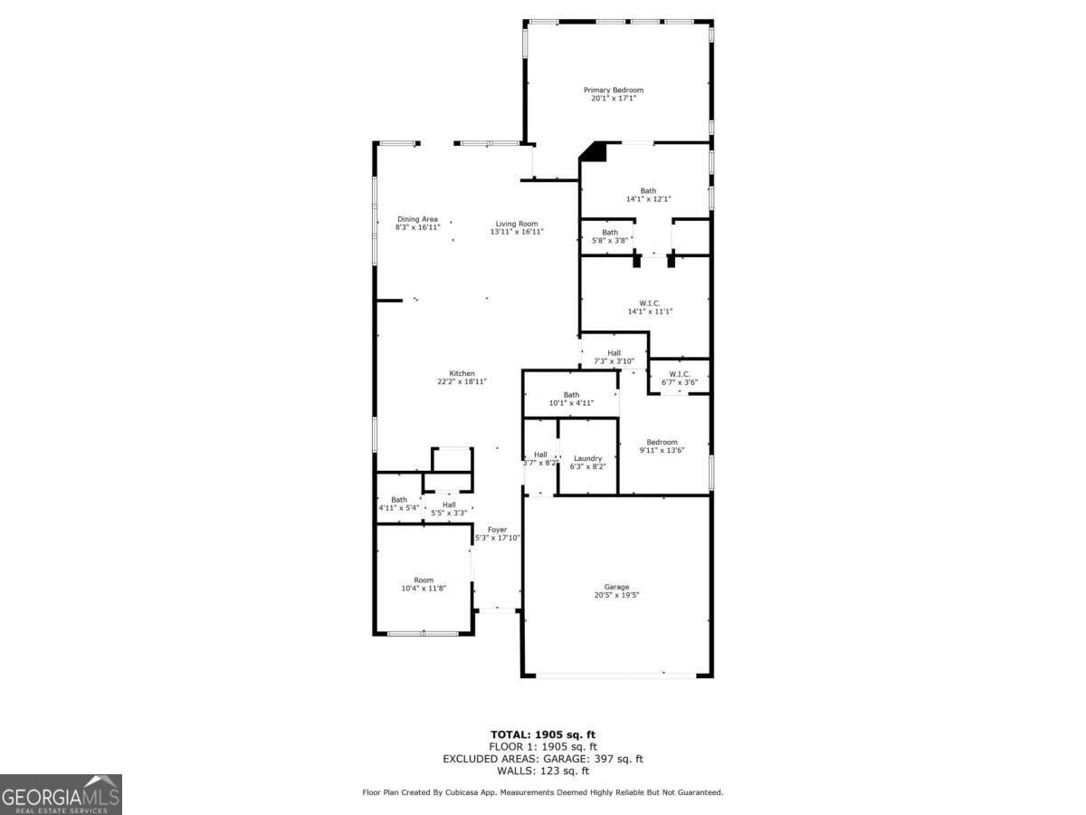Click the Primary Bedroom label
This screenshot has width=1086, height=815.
pos(614,90)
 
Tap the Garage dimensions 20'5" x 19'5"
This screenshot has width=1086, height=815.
pos(616,595)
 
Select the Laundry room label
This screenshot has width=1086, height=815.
pos(587,459)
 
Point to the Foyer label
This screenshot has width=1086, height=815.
pos(497,530)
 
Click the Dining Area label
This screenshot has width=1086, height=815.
pos(417,219)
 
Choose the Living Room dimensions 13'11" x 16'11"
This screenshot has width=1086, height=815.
pos(517,232)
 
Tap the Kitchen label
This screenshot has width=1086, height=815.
pos(462,374)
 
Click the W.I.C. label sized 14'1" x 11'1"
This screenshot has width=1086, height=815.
pos(650,303)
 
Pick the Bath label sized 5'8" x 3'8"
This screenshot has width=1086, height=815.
pos(610,233)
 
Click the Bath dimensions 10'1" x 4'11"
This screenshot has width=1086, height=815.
pos(571,403)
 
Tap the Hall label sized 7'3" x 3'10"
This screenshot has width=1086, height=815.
pos(614,353)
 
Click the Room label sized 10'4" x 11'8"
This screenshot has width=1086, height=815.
pos(424,580)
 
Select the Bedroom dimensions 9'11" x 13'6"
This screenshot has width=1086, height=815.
pos(662,450)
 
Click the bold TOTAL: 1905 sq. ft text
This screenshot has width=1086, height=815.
pos(543,734)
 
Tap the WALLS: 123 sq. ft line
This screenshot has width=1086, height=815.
pos(543,771)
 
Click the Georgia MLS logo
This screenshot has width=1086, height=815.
pos(61,794)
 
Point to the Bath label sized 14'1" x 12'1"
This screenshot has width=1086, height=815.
pos(648,191)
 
